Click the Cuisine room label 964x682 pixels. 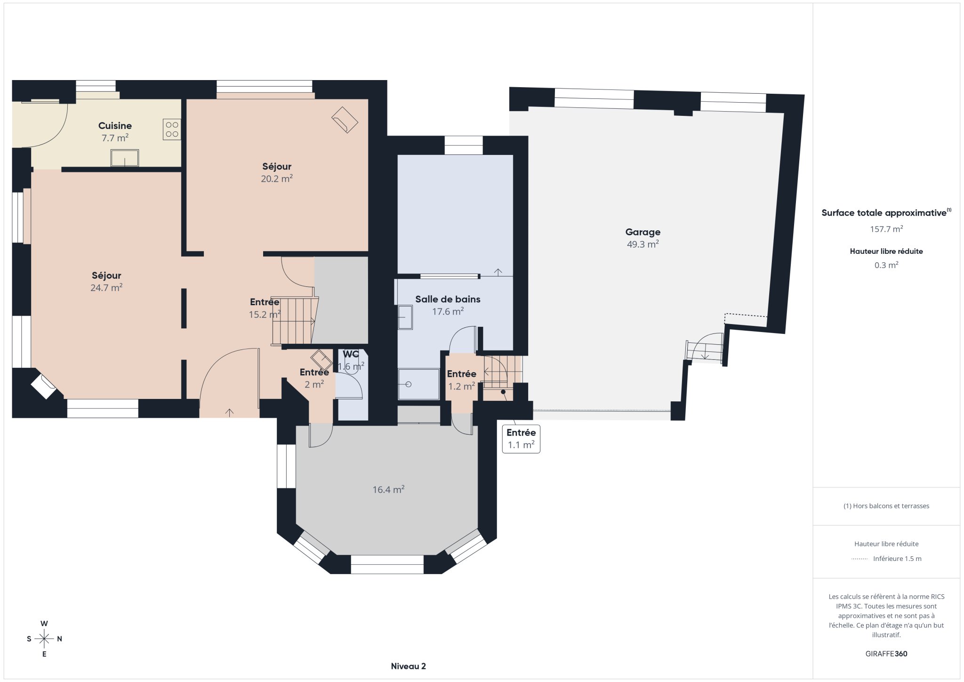point(115,126)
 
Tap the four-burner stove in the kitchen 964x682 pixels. point(172,130)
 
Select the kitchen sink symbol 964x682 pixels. point(125,158)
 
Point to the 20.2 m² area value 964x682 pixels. point(277,179)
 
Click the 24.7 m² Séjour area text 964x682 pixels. point(106,287)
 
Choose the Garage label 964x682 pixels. point(643,232)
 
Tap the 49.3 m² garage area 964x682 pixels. point(643,244)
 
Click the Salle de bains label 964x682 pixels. point(448,299)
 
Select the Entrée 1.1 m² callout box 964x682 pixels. point(521,439)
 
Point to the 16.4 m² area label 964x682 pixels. point(388,489)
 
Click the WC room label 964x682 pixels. point(351,354)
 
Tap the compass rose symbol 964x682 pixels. point(44,639)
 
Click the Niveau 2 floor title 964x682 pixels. point(408,666)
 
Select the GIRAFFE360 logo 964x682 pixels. point(886,654)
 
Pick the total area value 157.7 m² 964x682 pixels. point(886,229)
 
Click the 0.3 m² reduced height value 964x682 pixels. point(886,265)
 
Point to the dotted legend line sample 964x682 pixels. point(860,559)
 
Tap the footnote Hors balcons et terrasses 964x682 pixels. point(886,506)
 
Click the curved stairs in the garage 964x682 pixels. point(704,348)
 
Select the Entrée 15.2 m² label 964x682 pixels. point(265,308)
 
